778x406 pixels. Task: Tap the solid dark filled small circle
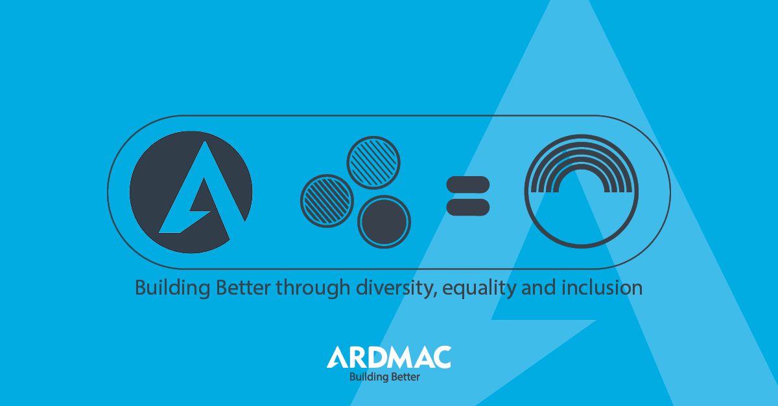click(384, 221)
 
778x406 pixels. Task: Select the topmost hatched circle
click(373, 162)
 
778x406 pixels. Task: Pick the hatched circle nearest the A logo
click(327, 201)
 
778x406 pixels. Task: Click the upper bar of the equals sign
click(467, 185)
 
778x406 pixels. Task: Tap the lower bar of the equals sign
click(467, 207)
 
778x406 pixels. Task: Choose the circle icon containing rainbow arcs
click(581, 191)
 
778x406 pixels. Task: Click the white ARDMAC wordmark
click(389, 357)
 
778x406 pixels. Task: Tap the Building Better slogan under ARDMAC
click(384, 376)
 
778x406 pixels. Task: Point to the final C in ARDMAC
click(442, 357)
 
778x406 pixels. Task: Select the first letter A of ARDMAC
click(338, 357)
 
